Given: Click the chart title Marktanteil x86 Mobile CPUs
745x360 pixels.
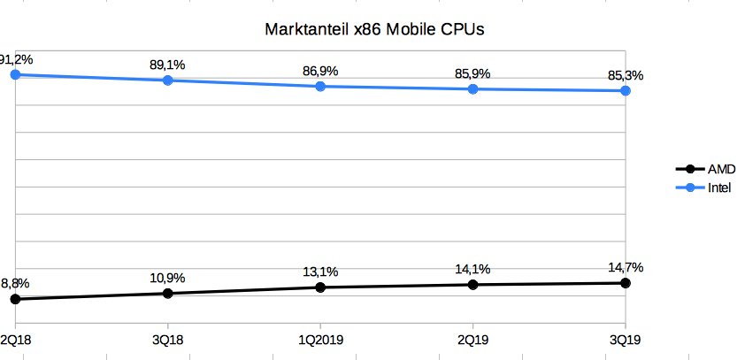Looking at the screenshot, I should pos(375,30).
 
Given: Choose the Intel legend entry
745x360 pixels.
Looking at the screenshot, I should pos(718,188).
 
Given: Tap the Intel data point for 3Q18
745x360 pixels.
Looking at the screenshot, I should pos(168,80).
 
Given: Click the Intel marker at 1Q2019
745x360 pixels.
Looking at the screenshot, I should pos(321,86).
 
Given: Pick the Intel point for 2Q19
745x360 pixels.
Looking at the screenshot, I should pos(473,89).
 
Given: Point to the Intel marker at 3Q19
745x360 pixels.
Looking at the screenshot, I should pos(626,90).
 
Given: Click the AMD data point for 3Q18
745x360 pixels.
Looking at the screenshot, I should pos(168,293).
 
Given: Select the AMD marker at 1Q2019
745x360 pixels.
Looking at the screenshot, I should pos(321,287).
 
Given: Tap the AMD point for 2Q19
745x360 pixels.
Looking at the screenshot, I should pos(473,285).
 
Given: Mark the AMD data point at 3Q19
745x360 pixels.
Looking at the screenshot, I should pos(626,283).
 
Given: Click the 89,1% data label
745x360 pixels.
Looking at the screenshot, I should pos(167,64).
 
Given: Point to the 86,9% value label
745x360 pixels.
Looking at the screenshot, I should pos(320,69).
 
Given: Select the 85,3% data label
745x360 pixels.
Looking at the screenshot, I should pos(625,74).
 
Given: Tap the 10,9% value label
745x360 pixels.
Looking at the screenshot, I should pos(167,276).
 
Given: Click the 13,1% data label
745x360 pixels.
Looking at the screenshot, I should pos(320,271).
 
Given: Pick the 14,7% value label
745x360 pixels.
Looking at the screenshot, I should pos(625,266).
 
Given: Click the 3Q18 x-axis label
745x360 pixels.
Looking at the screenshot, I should pos(168,341).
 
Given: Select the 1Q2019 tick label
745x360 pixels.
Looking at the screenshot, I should pos(321,341).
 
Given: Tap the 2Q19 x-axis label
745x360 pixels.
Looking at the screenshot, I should pos(473,341).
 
